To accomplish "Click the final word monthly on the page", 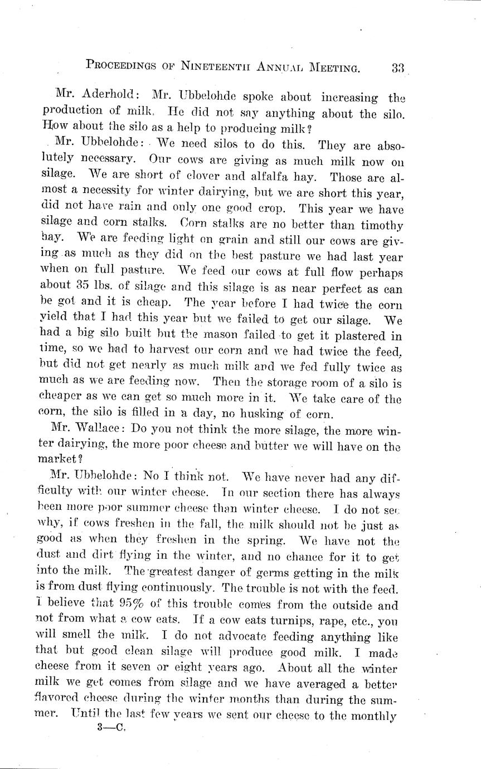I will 372,717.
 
